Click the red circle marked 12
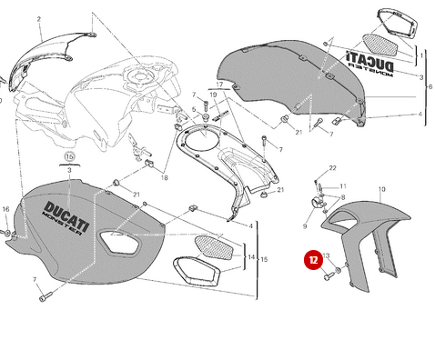(312, 260)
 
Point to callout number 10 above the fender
(382, 189)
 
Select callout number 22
(332, 168)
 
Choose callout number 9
(305, 225)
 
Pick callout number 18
(165, 178)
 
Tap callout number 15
(264, 260)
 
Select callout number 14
(251, 257)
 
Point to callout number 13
(326, 256)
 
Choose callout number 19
(213, 95)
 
